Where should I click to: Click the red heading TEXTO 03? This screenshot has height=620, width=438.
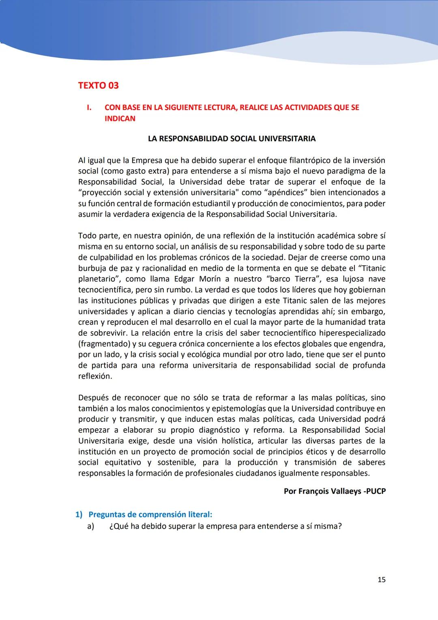98,86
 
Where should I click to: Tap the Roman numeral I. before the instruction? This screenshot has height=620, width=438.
89,108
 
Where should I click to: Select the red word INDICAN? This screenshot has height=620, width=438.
120,119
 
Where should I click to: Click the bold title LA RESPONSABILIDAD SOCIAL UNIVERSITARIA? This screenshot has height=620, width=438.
232,139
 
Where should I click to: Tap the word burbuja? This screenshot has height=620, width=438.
93,268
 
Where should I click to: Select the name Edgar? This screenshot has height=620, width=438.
184,279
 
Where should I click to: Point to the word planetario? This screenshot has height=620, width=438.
97,279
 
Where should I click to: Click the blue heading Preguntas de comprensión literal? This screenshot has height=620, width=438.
150,514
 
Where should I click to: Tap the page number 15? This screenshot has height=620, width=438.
381,580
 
